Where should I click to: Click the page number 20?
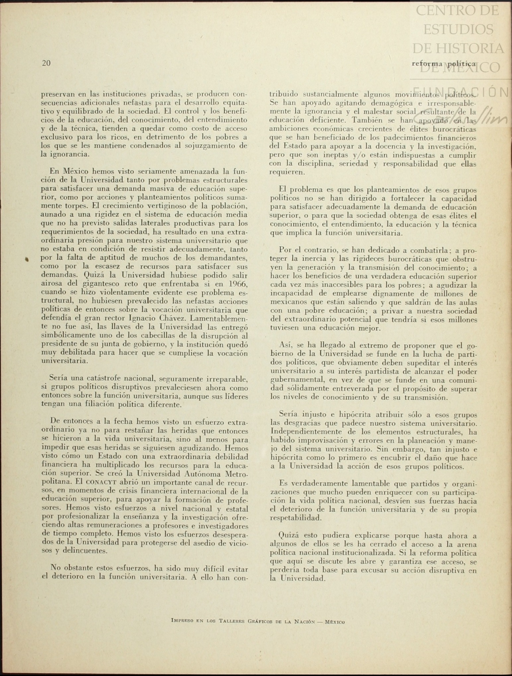pos(46,63)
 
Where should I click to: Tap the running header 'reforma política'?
pos(444,64)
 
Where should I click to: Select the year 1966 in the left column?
pos(238,284)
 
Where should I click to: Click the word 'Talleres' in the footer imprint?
pos(232,621)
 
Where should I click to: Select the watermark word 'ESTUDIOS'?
pos(458,30)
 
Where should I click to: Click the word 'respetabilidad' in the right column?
pos(295,518)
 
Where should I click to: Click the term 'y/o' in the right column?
pos(360,155)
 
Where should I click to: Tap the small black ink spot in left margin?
pos(27,259)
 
